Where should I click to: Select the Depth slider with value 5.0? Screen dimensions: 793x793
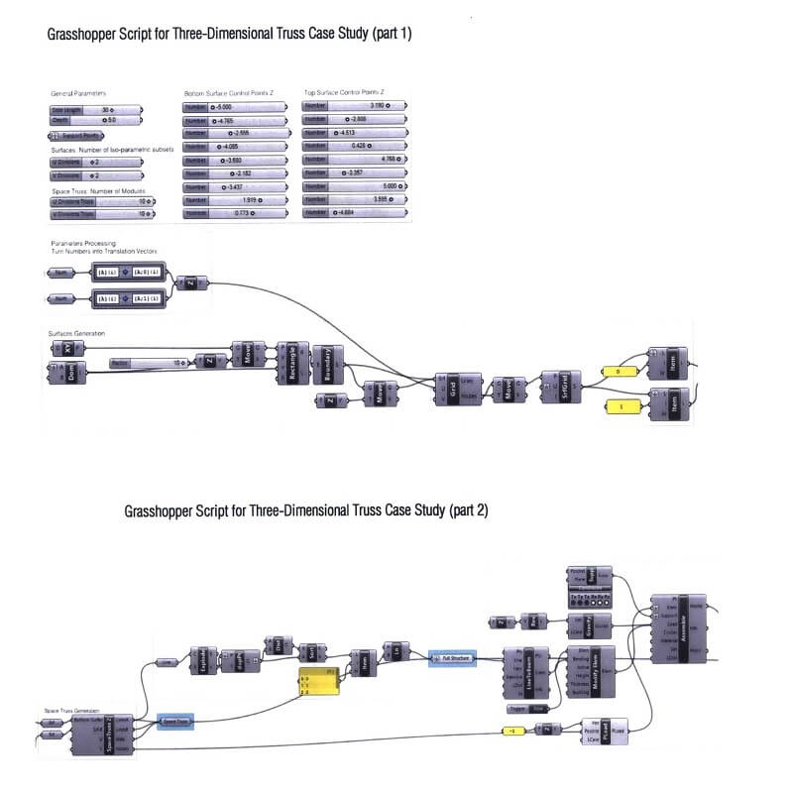click(x=95, y=120)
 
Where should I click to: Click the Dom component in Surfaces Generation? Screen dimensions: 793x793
click(x=72, y=374)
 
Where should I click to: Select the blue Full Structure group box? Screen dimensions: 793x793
click(x=453, y=657)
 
